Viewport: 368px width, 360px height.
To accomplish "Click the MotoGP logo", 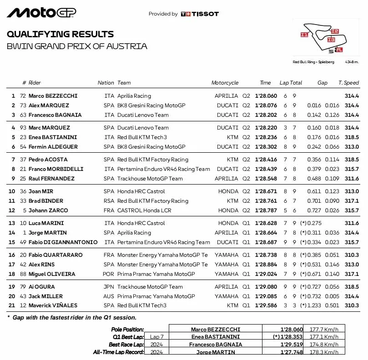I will [41, 13].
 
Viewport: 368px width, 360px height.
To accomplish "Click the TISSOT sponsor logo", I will [200, 14].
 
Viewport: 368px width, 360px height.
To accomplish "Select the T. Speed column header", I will [348, 83].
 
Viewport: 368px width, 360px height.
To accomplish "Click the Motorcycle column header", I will [225, 83].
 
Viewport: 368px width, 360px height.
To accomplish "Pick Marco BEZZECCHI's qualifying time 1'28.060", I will [266, 96].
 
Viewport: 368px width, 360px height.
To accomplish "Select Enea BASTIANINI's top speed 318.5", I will [352, 137].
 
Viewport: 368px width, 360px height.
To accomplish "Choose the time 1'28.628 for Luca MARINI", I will [266, 223].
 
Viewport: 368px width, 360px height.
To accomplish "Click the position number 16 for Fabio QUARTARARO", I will [12, 255].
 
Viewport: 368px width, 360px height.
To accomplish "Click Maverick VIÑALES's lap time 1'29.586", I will [266, 306].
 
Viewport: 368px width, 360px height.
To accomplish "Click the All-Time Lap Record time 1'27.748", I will [292, 352].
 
